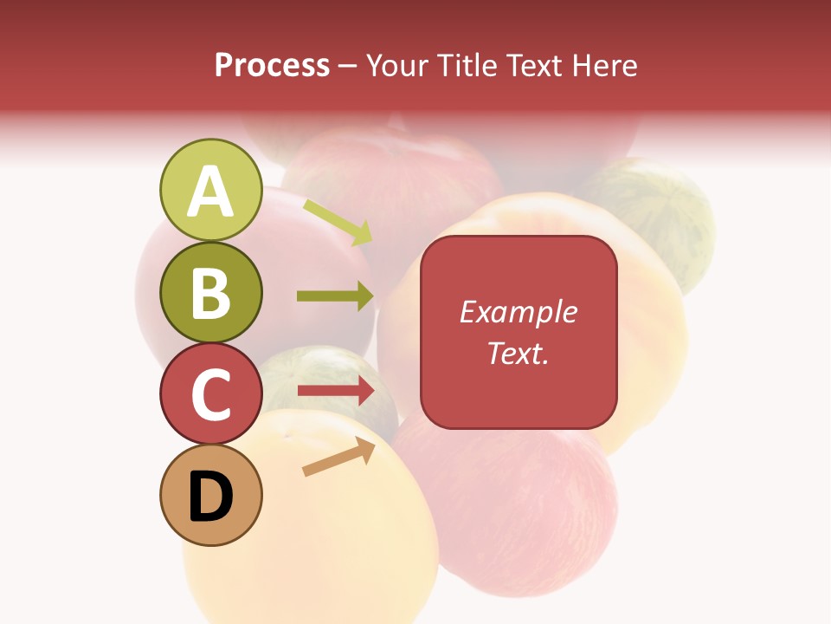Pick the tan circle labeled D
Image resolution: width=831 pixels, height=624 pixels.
210,495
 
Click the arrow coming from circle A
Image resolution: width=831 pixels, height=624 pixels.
338,222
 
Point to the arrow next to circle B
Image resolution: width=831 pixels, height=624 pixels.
335,296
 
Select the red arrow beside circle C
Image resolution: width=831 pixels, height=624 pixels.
335,391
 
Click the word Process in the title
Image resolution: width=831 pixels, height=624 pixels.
272,65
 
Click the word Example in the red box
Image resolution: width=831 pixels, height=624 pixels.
518,312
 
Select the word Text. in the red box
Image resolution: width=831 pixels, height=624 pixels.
518,353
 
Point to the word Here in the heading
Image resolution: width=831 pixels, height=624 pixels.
606,65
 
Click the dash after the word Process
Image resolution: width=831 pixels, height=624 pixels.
348,66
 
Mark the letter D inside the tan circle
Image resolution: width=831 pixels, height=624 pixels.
210,497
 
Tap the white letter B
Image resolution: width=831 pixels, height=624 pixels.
210,294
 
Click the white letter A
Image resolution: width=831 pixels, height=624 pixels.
210,192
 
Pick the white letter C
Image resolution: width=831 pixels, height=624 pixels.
210,394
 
